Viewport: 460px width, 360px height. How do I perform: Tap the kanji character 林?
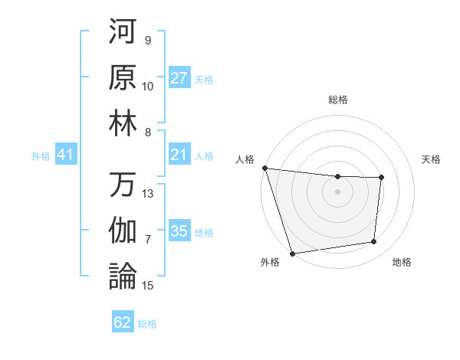pyautogui.click(x=123, y=123)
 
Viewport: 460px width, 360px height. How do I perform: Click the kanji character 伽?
pyautogui.click(x=123, y=231)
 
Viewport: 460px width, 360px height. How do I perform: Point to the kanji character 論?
pyautogui.click(x=123, y=277)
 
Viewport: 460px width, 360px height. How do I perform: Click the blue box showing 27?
pyautogui.click(x=179, y=78)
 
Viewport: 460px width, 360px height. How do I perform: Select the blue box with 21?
pyautogui.click(x=179, y=155)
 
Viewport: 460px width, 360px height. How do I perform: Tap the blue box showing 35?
pyautogui.click(x=179, y=231)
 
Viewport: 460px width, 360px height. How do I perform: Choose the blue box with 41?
pyautogui.click(x=65, y=155)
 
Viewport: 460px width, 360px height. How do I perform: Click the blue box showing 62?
pyautogui.click(x=123, y=322)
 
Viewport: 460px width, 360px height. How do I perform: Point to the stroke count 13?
pyautogui.click(x=148, y=194)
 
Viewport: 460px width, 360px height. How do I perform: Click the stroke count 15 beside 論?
pyautogui.click(x=148, y=286)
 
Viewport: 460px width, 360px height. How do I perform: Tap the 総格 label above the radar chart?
pyautogui.click(x=337, y=100)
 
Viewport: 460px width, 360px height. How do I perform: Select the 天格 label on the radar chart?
pyautogui.click(x=432, y=159)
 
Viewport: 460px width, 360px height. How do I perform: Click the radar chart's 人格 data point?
pyautogui.click(x=265, y=168)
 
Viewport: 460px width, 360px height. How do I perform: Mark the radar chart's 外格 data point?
pyautogui.click(x=293, y=253)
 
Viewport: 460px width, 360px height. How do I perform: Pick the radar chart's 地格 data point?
pyautogui.click(x=374, y=242)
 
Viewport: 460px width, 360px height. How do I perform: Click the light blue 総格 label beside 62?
pyautogui.click(x=147, y=324)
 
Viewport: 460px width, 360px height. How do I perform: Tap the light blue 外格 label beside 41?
pyautogui.click(x=41, y=156)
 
